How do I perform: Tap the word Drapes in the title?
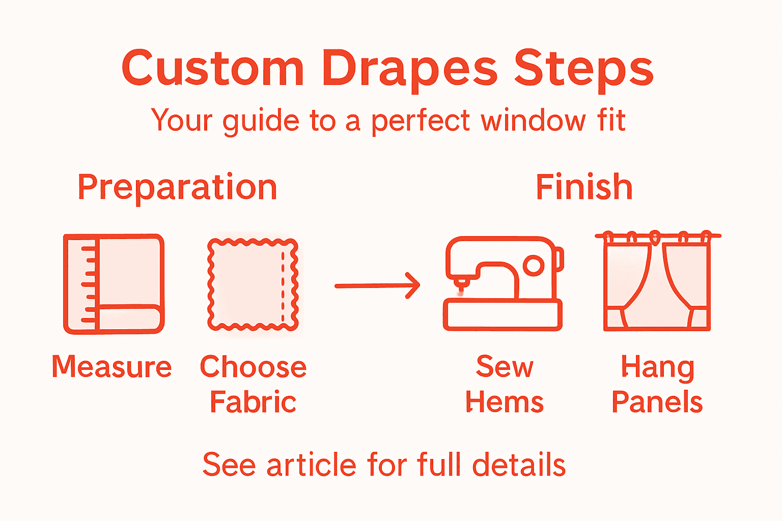[x=409, y=69]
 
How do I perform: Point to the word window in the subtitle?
[x=533, y=121]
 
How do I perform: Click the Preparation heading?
[x=177, y=188]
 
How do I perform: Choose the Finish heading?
[x=584, y=187]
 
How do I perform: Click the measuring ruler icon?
[x=114, y=284]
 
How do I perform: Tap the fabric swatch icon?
[x=253, y=284]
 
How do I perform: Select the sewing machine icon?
[x=504, y=284]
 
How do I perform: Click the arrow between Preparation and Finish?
[x=377, y=286]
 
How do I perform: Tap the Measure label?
[x=111, y=367]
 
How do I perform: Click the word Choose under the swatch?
[x=253, y=367]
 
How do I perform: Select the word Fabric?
[x=253, y=402]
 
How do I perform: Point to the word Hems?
[x=505, y=402]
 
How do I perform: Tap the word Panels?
[x=657, y=402]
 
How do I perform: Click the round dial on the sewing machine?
[x=533, y=266]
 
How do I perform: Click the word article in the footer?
[x=312, y=465]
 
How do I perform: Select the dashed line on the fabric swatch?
[x=283, y=284]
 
